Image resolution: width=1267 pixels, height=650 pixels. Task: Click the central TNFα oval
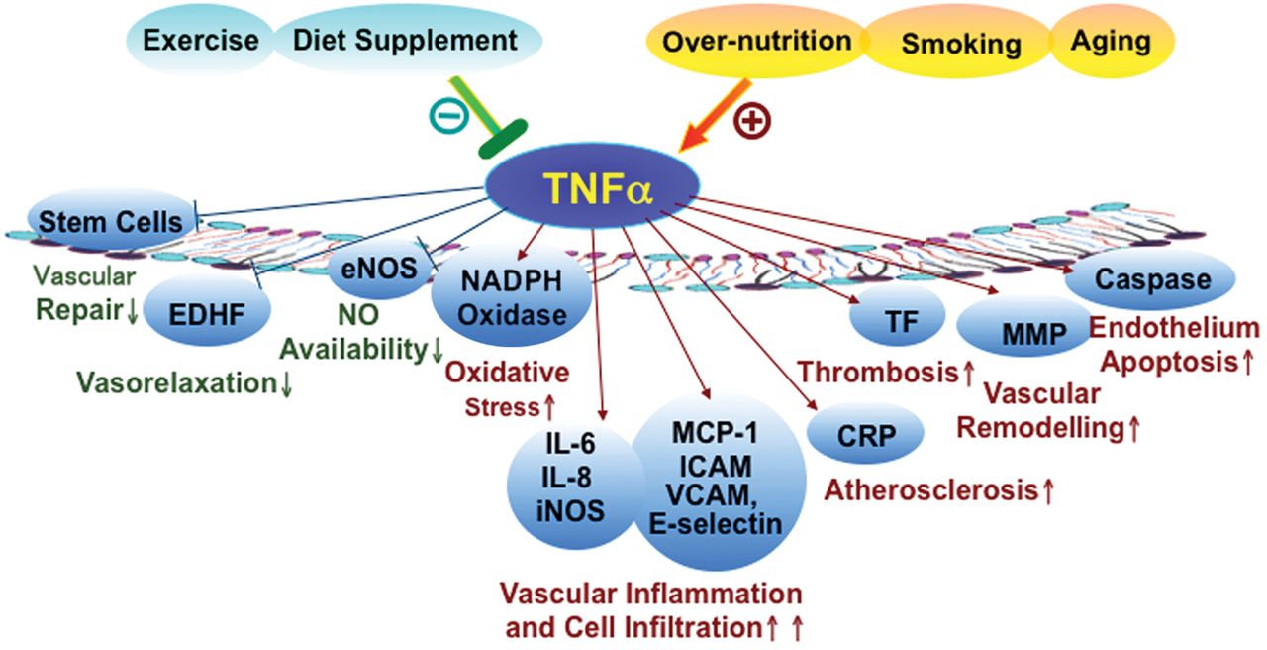point(592,185)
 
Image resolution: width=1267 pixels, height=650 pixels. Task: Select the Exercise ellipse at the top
point(200,41)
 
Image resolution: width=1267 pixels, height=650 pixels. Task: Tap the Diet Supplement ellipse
point(406,40)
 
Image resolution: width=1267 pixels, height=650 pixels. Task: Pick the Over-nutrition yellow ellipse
point(757,41)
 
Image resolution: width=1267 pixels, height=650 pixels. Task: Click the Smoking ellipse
point(959,43)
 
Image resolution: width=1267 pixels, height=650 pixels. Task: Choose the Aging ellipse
point(1111,41)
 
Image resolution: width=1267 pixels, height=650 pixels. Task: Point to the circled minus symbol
point(449,116)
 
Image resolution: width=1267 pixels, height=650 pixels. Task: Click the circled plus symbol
point(752,121)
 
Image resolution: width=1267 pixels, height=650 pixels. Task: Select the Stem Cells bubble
point(111,220)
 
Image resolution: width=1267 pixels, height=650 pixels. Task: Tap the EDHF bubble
point(207,311)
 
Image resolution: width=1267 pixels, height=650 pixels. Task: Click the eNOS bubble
point(379,269)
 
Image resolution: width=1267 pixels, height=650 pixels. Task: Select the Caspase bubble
point(1151,279)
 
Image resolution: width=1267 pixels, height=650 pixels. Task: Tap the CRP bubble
point(865,433)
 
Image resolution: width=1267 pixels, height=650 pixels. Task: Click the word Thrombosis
point(878,373)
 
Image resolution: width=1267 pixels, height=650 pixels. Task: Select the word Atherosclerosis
point(931,489)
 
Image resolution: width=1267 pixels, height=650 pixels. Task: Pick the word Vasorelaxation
point(176,382)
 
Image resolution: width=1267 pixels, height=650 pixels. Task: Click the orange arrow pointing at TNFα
point(715,116)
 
